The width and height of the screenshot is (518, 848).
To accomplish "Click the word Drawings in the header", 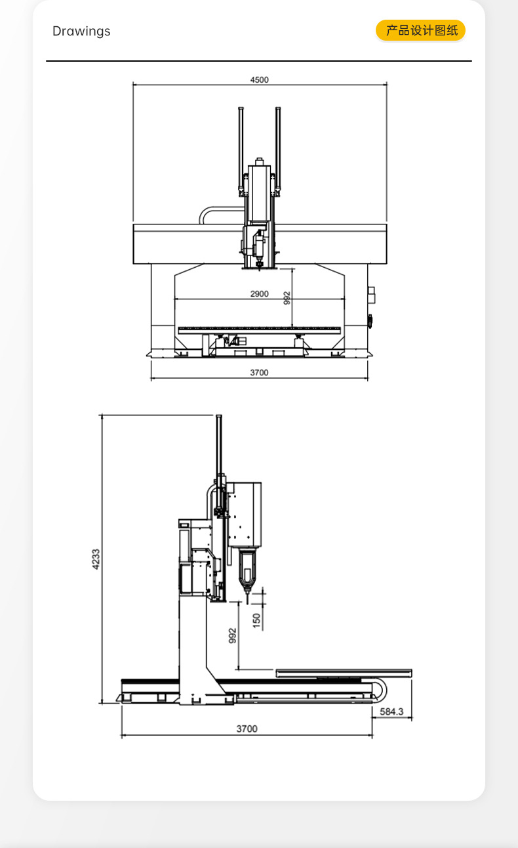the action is point(81,31).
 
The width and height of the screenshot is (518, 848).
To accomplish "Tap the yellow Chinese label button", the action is point(420,30).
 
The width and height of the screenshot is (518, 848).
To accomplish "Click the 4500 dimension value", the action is point(260,80).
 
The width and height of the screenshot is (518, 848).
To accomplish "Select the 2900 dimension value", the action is point(260,294).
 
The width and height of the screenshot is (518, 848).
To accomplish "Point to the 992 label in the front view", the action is point(287,298).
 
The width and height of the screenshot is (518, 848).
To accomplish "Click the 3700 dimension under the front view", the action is point(260,373).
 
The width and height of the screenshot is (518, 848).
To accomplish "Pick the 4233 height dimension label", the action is point(96,559).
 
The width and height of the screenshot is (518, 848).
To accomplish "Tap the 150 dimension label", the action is point(257,621).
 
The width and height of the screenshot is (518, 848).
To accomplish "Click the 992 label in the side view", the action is point(233,635).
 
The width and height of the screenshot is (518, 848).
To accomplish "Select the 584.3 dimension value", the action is point(391,711).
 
